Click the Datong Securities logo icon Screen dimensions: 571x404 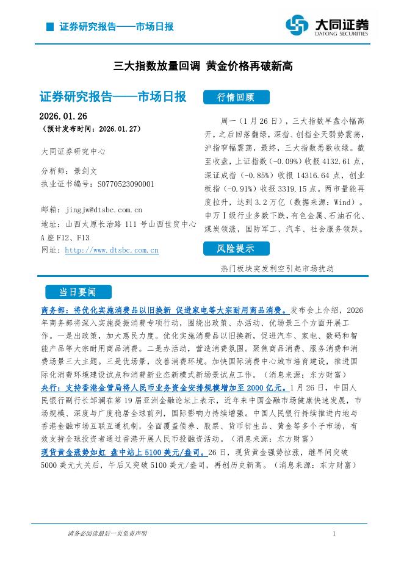point(298,25)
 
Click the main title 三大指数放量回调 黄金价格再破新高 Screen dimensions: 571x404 point(203,66)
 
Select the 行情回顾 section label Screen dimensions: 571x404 point(236,98)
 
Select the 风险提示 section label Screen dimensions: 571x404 point(236,248)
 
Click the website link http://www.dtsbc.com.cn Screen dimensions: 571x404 point(112,250)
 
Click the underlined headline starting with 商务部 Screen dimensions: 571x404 point(163,310)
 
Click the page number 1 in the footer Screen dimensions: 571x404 point(334,534)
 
